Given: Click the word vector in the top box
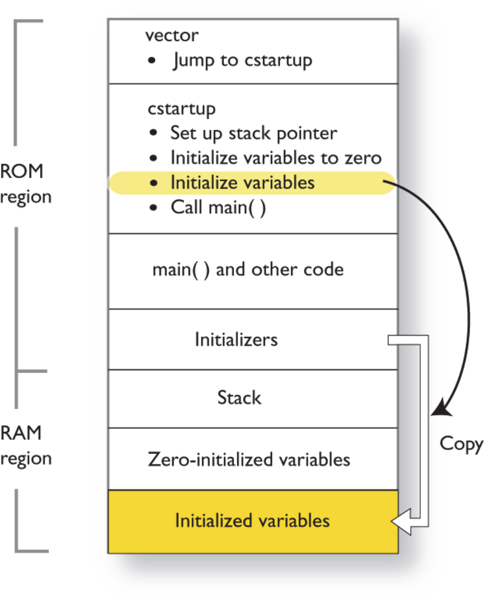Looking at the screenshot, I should pyautogui.click(x=172, y=36).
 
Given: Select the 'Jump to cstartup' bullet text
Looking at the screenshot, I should pyautogui.click(x=242, y=60).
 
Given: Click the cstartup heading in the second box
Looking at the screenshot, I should pyautogui.click(x=181, y=108).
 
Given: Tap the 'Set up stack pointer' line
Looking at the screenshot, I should pyautogui.click(x=253, y=133).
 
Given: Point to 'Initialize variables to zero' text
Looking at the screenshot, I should pyautogui.click(x=275, y=158).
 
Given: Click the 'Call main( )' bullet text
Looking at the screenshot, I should pyautogui.click(x=218, y=208).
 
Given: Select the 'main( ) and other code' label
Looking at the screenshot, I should pyautogui.click(x=248, y=269).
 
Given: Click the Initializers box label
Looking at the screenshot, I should pyautogui.click(x=236, y=339).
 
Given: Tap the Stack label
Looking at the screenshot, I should pyautogui.click(x=239, y=397).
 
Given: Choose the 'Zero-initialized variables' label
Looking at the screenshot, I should pyautogui.click(x=249, y=459).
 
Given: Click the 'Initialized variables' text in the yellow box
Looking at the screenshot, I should pyautogui.click(x=252, y=520).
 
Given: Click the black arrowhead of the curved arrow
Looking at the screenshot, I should pyautogui.click(x=441, y=410).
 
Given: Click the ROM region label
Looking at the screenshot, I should pyautogui.click(x=25, y=184).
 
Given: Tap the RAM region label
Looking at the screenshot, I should pyautogui.click(x=25, y=445).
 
